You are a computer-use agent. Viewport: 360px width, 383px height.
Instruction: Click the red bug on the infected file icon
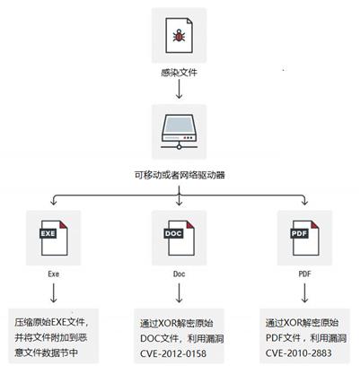(179, 36)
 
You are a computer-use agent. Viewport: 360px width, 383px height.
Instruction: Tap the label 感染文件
(179, 73)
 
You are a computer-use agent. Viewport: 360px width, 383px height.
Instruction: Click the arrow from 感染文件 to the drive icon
(179, 89)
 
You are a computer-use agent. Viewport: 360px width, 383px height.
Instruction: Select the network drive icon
(179, 132)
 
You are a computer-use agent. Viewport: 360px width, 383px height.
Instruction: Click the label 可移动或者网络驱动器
(179, 175)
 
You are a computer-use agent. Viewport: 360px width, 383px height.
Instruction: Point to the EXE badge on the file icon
(48, 233)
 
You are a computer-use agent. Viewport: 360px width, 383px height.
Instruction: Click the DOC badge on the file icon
(173, 233)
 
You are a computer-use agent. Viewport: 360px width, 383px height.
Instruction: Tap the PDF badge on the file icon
(299, 233)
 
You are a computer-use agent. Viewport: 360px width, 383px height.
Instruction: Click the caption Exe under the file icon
(53, 274)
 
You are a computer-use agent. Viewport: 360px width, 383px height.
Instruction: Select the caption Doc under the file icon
(179, 274)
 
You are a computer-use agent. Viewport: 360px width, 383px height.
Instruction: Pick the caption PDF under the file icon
(304, 274)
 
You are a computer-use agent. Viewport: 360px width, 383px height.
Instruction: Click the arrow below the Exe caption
(53, 293)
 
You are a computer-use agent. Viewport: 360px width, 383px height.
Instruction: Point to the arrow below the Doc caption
(179, 293)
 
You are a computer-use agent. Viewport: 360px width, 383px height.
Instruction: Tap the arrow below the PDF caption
(304, 293)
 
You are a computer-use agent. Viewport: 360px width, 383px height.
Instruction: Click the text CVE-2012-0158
(173, 353)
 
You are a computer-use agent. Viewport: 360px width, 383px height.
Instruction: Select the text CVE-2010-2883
(299, 353)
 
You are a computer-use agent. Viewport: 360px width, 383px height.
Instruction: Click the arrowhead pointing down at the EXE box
(53, 202)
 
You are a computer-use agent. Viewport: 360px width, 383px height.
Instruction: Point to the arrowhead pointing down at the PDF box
(304, 202)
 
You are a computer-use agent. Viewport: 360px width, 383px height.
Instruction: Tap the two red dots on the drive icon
(189, 138)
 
